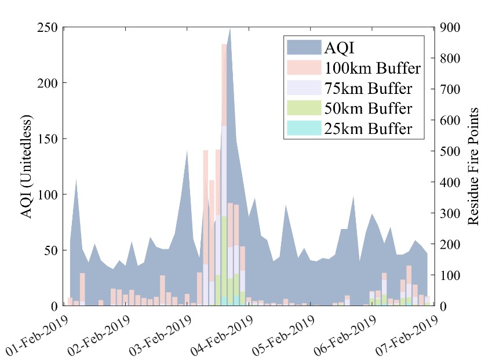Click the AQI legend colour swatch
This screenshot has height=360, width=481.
point(303,48)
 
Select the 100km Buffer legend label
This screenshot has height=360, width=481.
point(373,68)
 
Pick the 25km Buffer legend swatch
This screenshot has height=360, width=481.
point(303,128)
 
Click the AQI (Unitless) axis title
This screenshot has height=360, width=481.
point(27,167)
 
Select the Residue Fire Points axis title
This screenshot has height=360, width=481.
point(473,167)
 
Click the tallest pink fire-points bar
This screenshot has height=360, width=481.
point(224,87)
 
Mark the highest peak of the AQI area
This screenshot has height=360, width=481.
point(230,29)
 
